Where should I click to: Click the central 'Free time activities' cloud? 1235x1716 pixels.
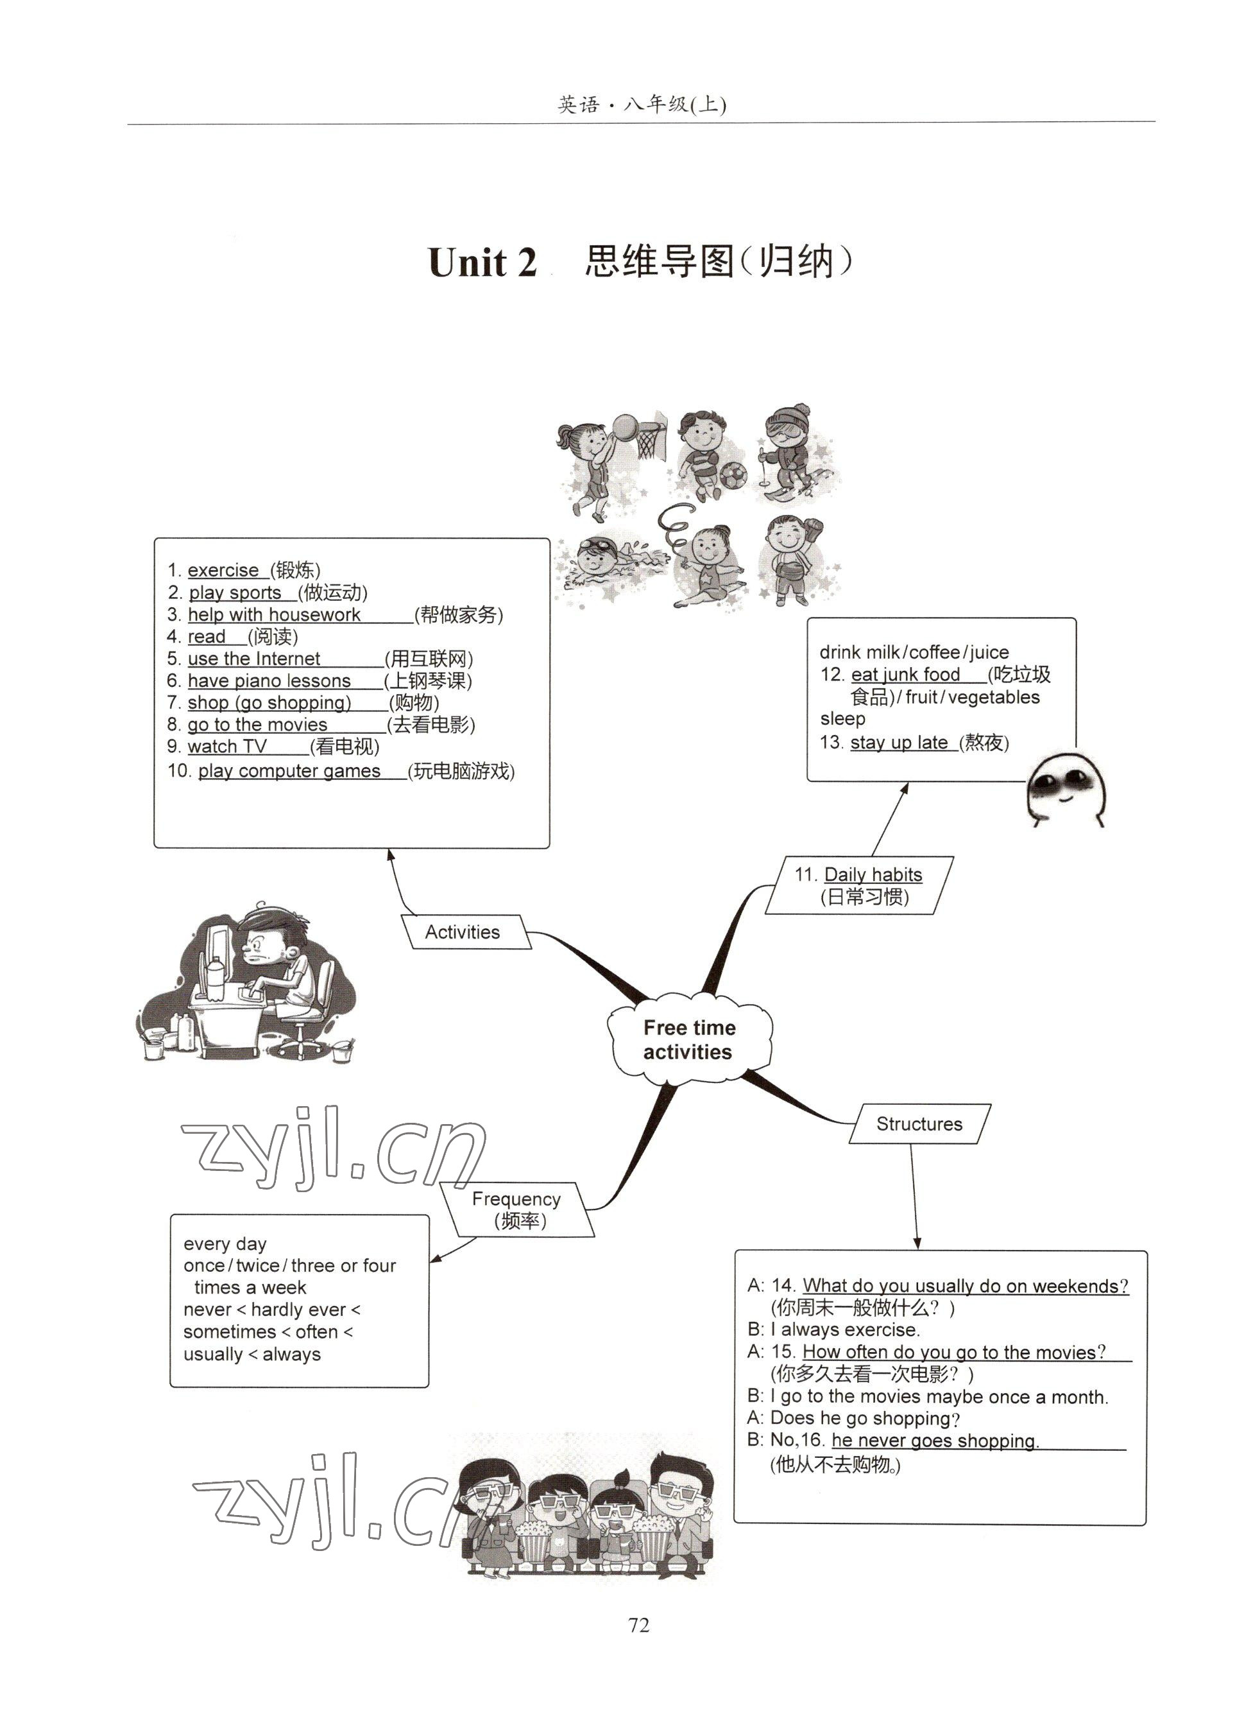pos(689,1039)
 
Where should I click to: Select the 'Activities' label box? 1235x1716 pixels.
pos(463,932)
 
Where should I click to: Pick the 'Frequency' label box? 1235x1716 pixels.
pos(517,1208)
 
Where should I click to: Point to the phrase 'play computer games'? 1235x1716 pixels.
pos(289,771)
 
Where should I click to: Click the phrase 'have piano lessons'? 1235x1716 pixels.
pos(269,681)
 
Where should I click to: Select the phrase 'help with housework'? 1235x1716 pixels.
pos(274,614)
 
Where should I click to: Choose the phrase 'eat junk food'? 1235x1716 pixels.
pos(905,674)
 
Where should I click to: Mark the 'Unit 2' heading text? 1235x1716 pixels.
pos(482,263)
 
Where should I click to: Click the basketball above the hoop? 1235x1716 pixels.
pos(626,426)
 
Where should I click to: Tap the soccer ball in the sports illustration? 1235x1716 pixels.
pos(732,476)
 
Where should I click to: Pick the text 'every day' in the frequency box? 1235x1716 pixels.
pos(225,1244)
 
